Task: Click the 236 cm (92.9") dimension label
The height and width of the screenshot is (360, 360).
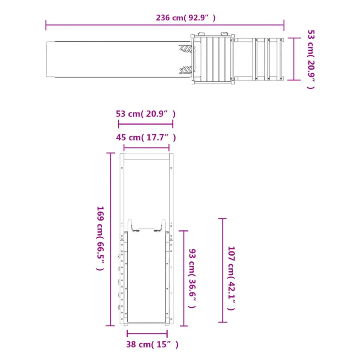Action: click(186, 18)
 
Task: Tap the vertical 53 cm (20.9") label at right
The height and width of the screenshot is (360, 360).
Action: click(311, 59)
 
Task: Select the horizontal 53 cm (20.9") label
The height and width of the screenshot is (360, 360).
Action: click(146, 114)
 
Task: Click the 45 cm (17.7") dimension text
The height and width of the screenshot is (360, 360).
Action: click(146, 138)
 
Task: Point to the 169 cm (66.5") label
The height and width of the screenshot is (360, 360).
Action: click(100, 238)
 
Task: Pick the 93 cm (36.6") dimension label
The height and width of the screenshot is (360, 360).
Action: click(192, 278)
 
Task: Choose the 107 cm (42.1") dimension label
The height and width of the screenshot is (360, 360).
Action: click(231, 278)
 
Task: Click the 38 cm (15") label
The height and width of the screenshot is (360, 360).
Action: click(152, 344)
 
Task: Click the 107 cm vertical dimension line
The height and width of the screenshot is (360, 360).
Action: click(222, 270)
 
